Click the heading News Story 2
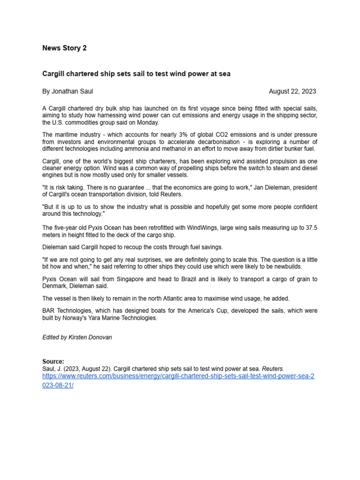point(64,48)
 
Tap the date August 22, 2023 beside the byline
point(292,91)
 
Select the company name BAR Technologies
point(69,311)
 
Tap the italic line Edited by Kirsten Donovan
point(77,337)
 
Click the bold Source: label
point(53,361)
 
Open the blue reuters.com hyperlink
point(178,376)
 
